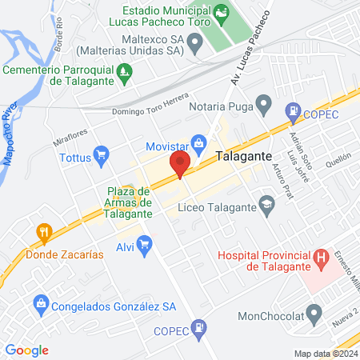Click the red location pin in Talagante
179,166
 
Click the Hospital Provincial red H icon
321,258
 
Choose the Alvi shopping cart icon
144,245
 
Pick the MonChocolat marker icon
315,313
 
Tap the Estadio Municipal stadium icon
221,14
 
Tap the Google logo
26,350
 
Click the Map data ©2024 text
326,354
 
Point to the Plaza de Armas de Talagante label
129,202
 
